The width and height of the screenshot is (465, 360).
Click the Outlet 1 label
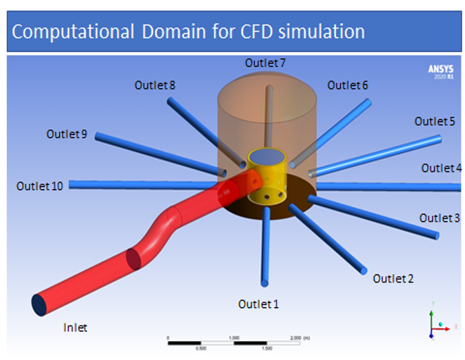click(259, 304)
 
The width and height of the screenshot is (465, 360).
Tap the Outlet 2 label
click(393, 278)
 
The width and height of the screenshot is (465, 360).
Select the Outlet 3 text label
click(440, 218)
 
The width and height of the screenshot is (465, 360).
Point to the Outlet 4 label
click(442, 168)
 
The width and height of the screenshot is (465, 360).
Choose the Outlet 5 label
click(435, 121)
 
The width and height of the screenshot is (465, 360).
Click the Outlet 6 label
click(347, 85)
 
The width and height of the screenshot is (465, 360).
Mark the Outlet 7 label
click(265, 63)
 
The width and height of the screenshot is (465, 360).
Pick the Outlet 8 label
click(155, 85)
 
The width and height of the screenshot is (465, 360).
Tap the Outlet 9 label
click(67, 133)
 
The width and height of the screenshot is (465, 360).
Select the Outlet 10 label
click(39, 186)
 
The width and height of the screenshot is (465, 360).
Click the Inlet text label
click(75, 328)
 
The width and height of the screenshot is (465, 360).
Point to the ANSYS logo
click(441, 71)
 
